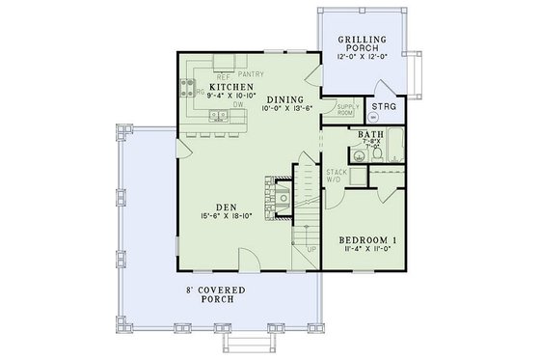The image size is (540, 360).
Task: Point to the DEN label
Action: click(227, 205)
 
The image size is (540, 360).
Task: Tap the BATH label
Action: click(371, 135)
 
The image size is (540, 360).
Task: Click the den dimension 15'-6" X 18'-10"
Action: click(227, 216)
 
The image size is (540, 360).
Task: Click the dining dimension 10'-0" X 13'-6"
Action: click(287, 109)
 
